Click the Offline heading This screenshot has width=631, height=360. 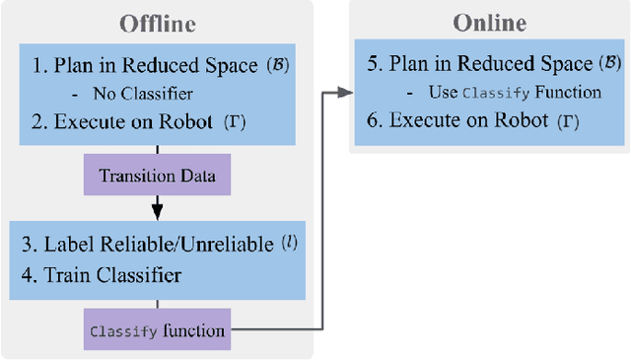tap(157, 23)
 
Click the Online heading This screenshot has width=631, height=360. tap(489, 23)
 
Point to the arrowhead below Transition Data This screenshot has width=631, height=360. tap(157, 210)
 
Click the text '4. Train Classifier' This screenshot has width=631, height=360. tap(102, 275)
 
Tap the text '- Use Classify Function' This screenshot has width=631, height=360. tap(504, 93)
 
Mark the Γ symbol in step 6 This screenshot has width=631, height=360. tap(571, 120)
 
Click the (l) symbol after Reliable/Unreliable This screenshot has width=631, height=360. tap(290, 243)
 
